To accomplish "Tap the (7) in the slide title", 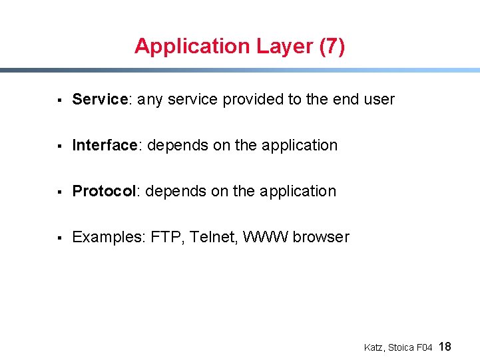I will (332, 46).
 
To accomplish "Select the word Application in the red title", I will (191, 46).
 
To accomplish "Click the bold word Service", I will (100, 99).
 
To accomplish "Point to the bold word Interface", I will (105, 145).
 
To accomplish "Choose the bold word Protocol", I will (104, 191).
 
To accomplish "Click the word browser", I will (321, 237).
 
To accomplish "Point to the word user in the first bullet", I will (379, 99).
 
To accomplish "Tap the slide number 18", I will (446, 346).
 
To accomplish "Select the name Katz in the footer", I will (373, 347).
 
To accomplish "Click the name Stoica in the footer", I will (401, 347).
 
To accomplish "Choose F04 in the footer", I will (425, 347).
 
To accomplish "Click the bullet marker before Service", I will (59, 100).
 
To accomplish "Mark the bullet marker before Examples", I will (59, 238).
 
